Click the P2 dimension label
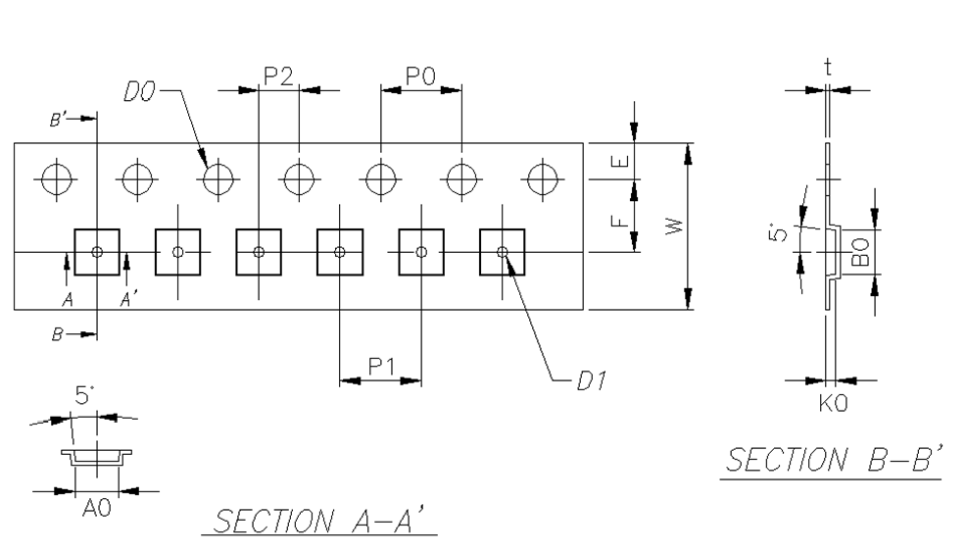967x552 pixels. tap(278, 77)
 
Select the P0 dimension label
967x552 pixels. tap(420, 77)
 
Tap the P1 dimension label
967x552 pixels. tap(381, 367)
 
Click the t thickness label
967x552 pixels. tap(828, 67)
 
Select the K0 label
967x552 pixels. tap(831, 403)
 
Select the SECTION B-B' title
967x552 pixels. tap(831, 459)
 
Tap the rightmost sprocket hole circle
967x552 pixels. tap(542, 179)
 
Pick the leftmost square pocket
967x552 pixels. tap(96, 252)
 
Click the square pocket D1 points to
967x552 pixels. tap(502, 252)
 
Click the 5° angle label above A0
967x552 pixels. tap(85, 397)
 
